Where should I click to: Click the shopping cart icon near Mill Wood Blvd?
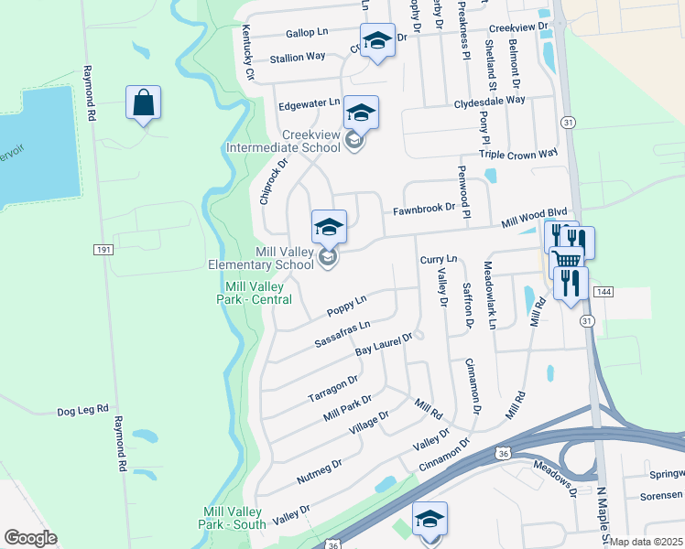pos(566,260)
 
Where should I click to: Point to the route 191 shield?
pos(103,249)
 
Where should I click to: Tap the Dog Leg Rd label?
pos(82,411)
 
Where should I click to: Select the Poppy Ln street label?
pos(347,306)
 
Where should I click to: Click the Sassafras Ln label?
pos(342,332)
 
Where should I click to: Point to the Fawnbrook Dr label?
pos(423,209)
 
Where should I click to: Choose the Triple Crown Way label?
pos(517,155)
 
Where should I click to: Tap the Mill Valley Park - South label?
pos(232,518)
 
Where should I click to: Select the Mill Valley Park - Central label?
pos(258,293)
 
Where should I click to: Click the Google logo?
pos(30,538)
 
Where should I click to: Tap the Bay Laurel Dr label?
pos(385,344)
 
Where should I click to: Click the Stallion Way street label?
pos(298,57)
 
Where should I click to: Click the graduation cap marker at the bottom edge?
pos(429,519)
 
